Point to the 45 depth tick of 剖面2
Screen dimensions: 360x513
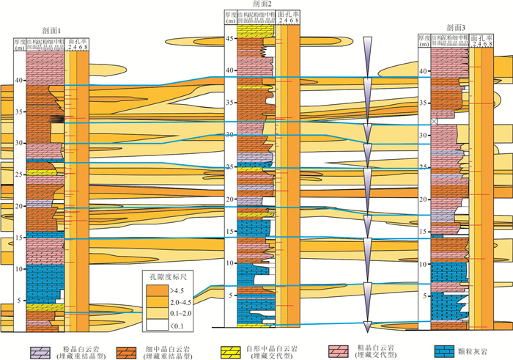click(x=229, y=39)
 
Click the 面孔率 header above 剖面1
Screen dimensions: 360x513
click(x=76, y=44)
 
